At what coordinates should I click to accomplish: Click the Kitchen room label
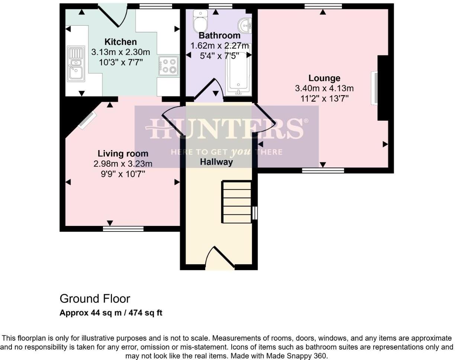(120, 42)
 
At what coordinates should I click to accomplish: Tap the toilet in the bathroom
(200, 22)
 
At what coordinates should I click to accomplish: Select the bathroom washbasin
(245, 25)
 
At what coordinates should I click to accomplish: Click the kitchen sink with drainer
(76, 64)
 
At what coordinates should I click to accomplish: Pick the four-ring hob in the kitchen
(168, 66)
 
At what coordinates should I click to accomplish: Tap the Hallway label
(216, 162)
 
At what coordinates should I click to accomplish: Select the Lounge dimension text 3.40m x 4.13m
(324, 88)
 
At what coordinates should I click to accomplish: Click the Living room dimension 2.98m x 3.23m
(123, 164)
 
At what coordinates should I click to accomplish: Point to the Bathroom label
(219, 36)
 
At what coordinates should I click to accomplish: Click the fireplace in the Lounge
(375, 88)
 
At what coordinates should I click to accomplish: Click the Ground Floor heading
(95, 299)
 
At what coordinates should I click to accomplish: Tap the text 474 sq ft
(145, 313)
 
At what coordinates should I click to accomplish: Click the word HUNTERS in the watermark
(226, 129)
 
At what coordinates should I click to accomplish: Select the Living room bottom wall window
(123, 228)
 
